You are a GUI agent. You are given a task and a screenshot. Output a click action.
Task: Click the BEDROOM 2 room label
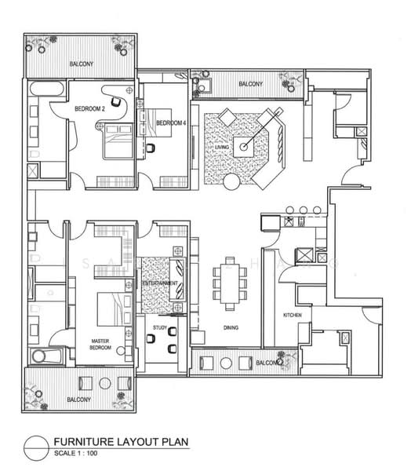pos(89,109)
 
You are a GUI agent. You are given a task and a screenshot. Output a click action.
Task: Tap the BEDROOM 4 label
pos(171,123)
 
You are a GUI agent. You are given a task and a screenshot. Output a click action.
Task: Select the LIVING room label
pos(222,147)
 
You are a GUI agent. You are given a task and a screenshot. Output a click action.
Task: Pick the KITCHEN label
pos(293,316)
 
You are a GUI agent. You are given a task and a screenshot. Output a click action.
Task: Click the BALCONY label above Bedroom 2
pos(79,64)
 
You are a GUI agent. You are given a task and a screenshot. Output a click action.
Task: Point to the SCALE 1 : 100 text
pos(82,455)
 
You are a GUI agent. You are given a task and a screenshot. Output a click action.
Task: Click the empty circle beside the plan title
pos(36,447)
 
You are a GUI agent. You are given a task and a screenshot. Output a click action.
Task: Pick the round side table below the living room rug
pos(233,183)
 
